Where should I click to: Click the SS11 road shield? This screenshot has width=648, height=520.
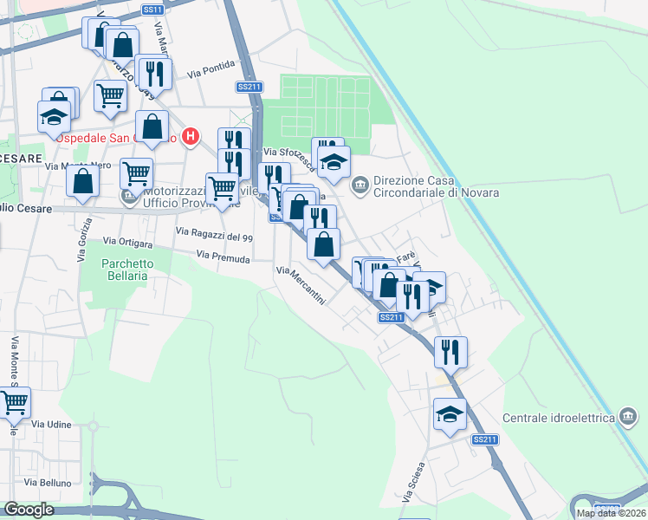click(x=152, y=10)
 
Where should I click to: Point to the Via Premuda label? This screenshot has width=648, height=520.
click(x=224, y=256)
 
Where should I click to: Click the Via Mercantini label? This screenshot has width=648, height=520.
click(x=301, y=286)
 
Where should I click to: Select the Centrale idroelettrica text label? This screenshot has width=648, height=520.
click(x=560, y=418)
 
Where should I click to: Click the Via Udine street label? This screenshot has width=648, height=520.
click(x=52, y=425)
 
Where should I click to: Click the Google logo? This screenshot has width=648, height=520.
click(x=29, y=510)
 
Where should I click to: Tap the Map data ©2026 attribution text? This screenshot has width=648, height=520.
click(x=611, y=513)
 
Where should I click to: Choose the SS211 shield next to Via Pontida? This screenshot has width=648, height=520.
click(x=249, y=87)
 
